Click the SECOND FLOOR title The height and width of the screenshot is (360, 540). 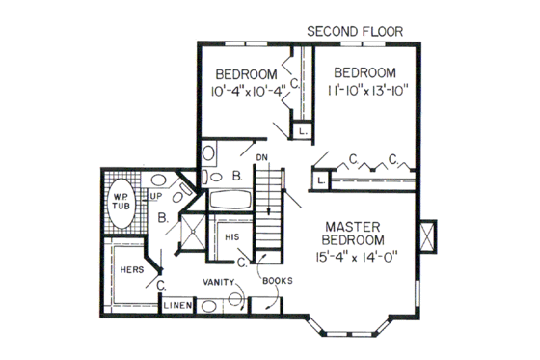(363, 30)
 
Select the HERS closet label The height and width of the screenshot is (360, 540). (132, 270)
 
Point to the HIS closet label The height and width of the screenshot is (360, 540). (231, 236)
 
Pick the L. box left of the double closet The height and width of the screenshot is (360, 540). (319, 180)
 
